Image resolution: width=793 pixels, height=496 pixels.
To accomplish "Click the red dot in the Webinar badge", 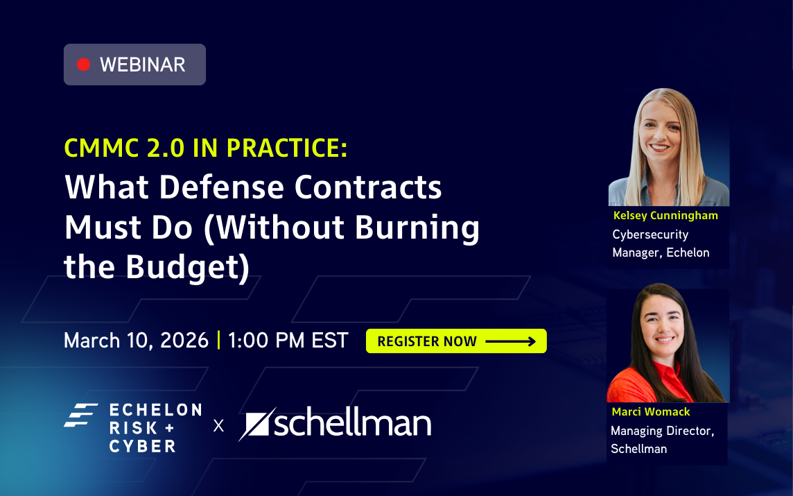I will [x=84, y=65].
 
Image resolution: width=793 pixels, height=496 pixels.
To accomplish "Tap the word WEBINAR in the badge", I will [x=143, y=65].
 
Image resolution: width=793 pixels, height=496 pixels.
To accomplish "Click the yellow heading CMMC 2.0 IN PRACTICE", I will [x=206, y=148].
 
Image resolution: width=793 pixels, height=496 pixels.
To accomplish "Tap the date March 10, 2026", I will [x=136, y=341].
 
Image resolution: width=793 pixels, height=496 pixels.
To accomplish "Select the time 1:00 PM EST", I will [x=288, y=341].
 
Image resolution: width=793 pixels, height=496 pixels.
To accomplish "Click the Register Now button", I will [x=455, y=341].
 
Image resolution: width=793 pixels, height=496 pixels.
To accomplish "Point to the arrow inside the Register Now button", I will [x=510, y=341].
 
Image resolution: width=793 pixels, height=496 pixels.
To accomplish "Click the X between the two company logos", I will [x=219, y=425].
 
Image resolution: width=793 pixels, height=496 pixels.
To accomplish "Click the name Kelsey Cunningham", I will [x=665, y=216].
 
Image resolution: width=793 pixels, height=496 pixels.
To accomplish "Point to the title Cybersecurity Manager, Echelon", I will [x=661, y=243].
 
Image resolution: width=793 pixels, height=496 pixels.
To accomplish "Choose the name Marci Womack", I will [x=651, y=412].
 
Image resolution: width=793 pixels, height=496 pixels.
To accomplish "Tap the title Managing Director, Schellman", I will [x=662, y=440].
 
